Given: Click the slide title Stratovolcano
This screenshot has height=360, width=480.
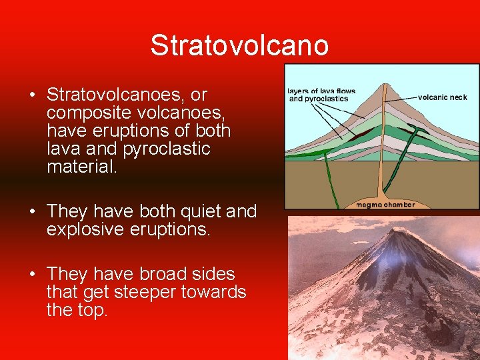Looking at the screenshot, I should click(239, 45).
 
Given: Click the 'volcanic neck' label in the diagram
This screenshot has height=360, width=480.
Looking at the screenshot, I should click(442, 97).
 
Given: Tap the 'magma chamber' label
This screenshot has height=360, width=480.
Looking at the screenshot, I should click(385, 205).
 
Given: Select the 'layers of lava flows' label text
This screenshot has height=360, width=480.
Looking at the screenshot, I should click(322, 91).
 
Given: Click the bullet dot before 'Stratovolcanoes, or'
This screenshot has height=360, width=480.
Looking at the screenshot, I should click(32, 94).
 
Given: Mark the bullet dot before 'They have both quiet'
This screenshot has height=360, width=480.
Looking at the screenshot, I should click(32, 211).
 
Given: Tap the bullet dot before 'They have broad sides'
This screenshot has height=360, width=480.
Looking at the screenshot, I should click(32, 274).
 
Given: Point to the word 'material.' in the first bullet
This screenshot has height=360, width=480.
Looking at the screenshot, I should click(81, 167).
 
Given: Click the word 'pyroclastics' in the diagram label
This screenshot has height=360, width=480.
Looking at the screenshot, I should click(328, 99).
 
